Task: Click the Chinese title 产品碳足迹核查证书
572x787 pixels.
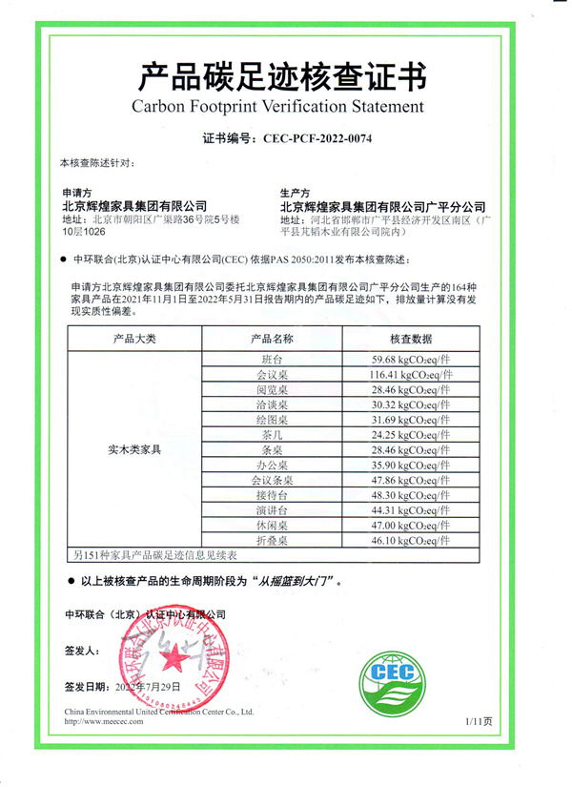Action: (284, 73)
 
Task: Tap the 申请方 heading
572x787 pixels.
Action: (77, 192)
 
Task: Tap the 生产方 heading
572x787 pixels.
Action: (296, 192)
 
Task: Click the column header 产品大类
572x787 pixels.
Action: (134, 339)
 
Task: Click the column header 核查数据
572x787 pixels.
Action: (411, 339)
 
